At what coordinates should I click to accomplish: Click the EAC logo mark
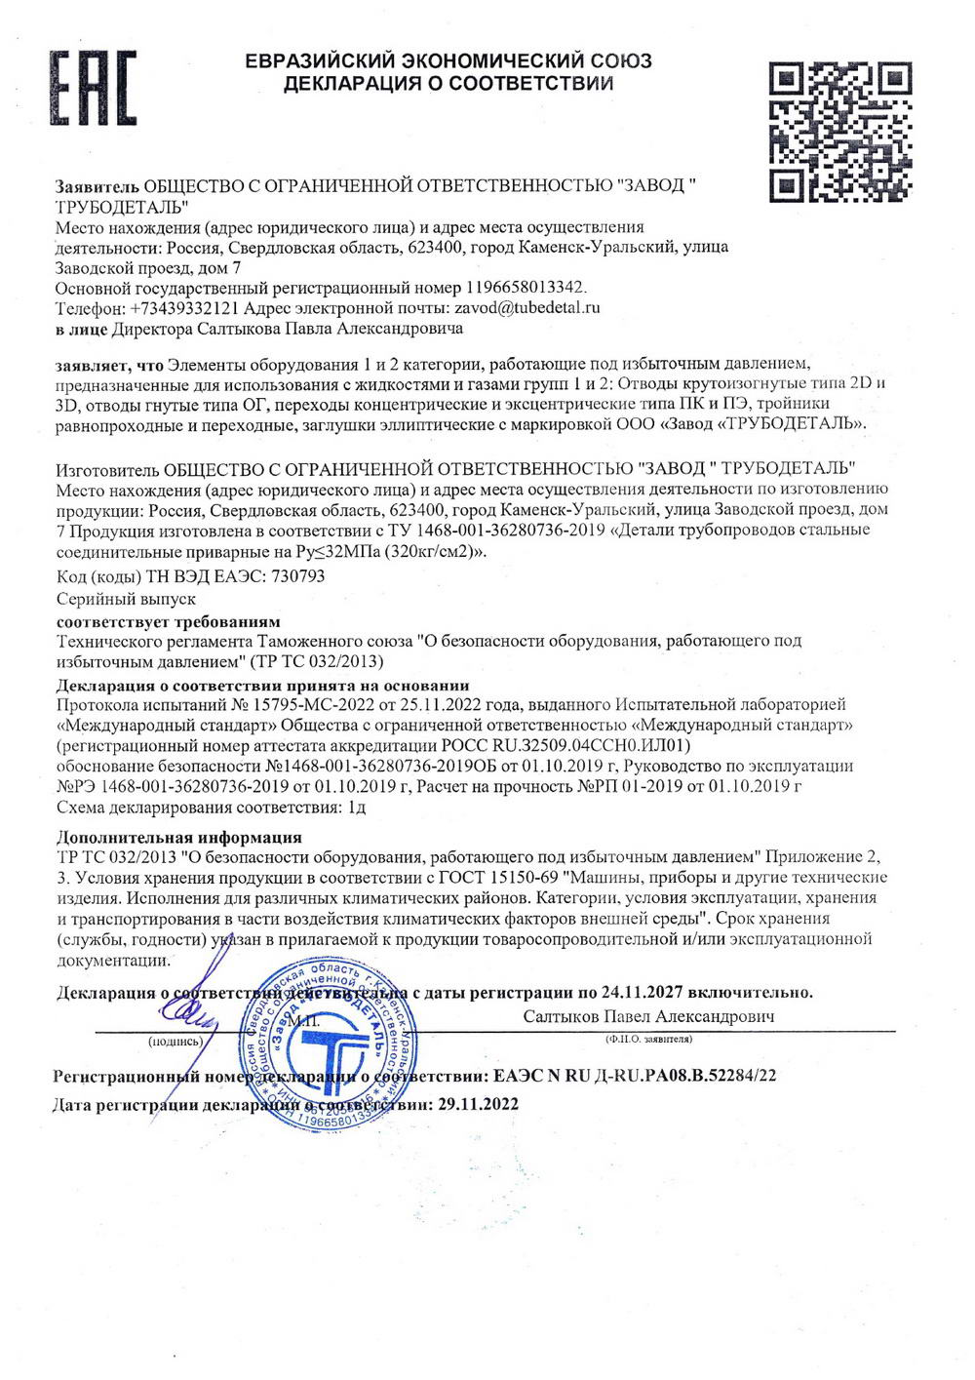94,88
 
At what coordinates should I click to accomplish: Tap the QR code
840,132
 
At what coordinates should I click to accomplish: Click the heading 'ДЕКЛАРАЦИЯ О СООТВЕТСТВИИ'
448,84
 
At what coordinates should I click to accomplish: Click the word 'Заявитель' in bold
97,185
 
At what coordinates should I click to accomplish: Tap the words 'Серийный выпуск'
126,599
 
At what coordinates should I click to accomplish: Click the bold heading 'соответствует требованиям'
168,621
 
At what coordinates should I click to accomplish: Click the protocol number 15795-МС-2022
303,704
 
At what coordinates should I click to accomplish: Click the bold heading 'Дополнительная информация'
178,837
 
